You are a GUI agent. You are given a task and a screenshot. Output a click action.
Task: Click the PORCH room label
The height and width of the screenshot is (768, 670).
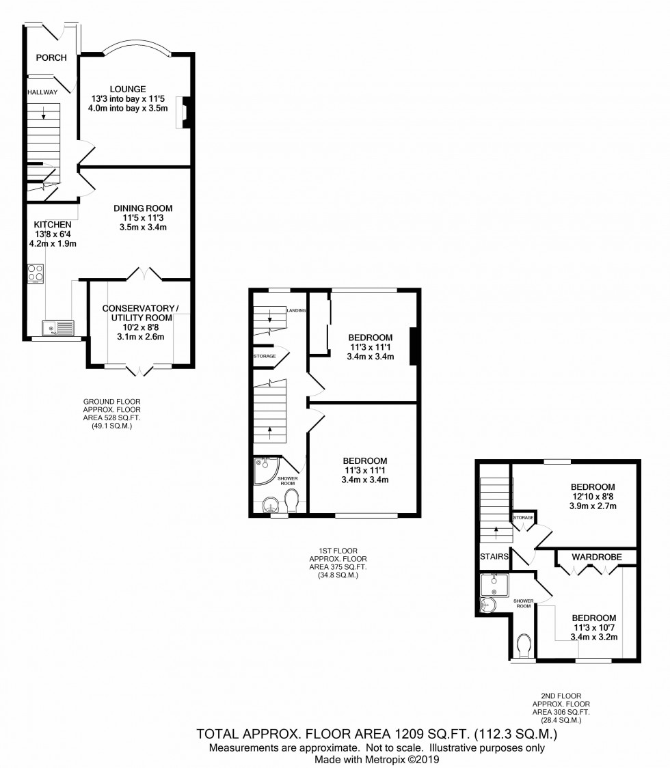coord(52,58)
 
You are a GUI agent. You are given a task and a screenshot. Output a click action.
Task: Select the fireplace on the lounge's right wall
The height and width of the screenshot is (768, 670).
coord(183,113)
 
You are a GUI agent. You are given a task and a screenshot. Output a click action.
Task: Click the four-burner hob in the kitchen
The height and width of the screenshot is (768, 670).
coord(36,273)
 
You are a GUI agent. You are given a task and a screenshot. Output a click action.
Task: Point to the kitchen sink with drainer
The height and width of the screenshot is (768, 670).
coord(57,329)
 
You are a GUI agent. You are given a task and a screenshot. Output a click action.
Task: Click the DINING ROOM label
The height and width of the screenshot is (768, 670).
coord(143,208)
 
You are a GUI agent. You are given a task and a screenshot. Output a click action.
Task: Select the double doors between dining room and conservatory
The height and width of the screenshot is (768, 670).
coord(144,275)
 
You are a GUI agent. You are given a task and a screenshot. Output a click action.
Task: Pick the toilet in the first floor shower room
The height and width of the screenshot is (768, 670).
coord(292,502)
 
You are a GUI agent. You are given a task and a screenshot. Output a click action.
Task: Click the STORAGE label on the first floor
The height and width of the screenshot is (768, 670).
coord(265,357)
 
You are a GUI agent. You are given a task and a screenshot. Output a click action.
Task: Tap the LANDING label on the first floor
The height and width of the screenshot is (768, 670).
coord(296,311)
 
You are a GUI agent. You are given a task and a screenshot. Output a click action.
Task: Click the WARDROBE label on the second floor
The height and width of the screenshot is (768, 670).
coord(597,557)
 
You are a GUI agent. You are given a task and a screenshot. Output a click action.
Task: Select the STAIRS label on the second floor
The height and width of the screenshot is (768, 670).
coord(494,556)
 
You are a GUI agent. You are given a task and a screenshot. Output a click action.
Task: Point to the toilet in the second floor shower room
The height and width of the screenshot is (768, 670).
coord(525,645)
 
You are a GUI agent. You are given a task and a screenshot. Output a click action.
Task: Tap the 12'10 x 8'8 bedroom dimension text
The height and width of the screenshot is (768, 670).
coord(593,497)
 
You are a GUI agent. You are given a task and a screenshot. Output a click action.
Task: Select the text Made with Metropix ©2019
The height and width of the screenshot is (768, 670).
coord(376,759)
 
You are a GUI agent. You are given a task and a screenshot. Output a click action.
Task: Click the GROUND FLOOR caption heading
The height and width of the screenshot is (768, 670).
coord(107,402)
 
